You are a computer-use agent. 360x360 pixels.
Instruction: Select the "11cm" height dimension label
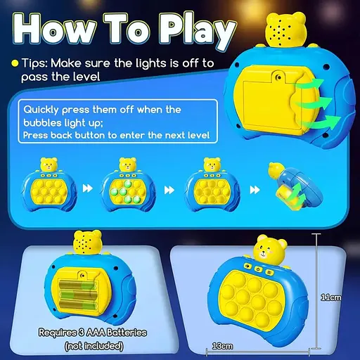click(x=332, y=297)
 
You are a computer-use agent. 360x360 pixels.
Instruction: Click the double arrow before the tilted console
click(x=246, y=189)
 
